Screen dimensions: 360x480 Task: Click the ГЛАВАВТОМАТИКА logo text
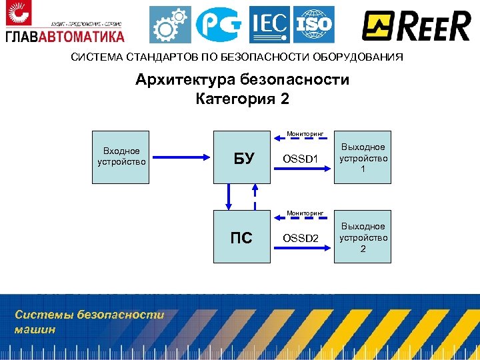pos(65,35)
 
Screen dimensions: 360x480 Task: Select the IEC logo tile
pos(269,25)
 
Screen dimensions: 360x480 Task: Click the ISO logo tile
pos(313,25)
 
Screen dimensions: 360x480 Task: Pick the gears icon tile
pos(169,25)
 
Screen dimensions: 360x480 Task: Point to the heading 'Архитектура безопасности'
pos(242,81)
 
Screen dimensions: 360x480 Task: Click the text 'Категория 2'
pos(242,99)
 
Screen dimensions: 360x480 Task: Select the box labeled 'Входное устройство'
pos(121,156)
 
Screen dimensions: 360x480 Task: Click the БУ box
pos(243,157)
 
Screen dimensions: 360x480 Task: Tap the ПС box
pos(241,237)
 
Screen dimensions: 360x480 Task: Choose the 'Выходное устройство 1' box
pos(363,157)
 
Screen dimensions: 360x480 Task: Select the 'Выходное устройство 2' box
pos(363,237)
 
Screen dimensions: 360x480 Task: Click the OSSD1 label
pos(301,159)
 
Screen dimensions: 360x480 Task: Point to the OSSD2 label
pos(301,238)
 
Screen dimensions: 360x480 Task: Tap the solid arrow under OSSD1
pos(304,169)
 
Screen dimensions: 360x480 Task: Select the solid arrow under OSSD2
pos(304,248)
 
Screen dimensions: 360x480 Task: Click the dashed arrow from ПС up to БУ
pos(254,197)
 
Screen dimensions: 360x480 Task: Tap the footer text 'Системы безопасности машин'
pos(89,321)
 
